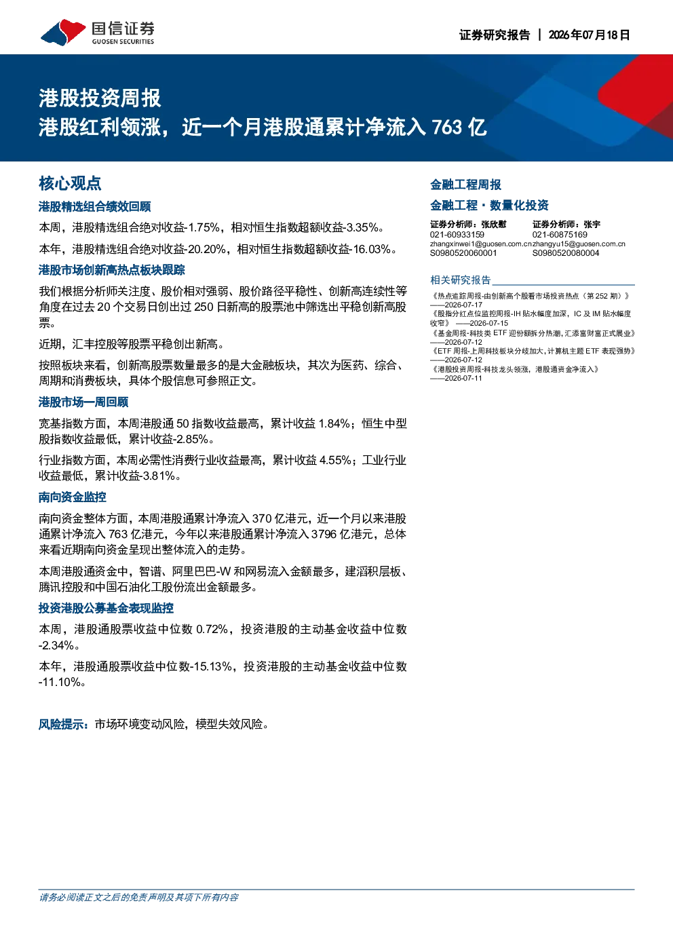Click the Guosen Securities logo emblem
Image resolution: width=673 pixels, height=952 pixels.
(x=63, y=33)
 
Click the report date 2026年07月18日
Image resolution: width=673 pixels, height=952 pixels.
(x=589, y=35)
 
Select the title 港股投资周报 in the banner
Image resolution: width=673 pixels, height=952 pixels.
(x=100, y=98)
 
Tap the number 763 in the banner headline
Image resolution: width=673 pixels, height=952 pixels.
(x=447, y=127)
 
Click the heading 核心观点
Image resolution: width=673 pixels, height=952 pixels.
(x=70, y=184)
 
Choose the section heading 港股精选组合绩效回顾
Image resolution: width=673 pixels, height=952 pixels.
(x=95, y=206)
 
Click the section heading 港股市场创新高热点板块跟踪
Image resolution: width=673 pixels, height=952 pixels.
(x=112, y=270)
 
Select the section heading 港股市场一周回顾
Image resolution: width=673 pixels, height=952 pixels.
(x=83, y=402)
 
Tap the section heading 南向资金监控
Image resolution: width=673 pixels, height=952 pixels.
(x=72, y=497)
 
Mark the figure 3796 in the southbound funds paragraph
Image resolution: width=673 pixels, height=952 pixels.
(x=324, y=534)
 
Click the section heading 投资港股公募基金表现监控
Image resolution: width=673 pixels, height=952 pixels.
(x=106, y=608)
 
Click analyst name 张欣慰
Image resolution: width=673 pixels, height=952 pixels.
(x=494, y=225)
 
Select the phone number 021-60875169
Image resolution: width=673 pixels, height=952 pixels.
(x=560, y=235)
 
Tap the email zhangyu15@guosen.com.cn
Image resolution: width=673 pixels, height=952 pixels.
(x=579, y=244)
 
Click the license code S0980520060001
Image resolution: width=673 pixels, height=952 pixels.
(x=463, y=253)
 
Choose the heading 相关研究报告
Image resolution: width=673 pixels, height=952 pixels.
(x=460, y=280)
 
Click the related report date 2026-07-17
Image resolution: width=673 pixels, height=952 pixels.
(x=463, y=305)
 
